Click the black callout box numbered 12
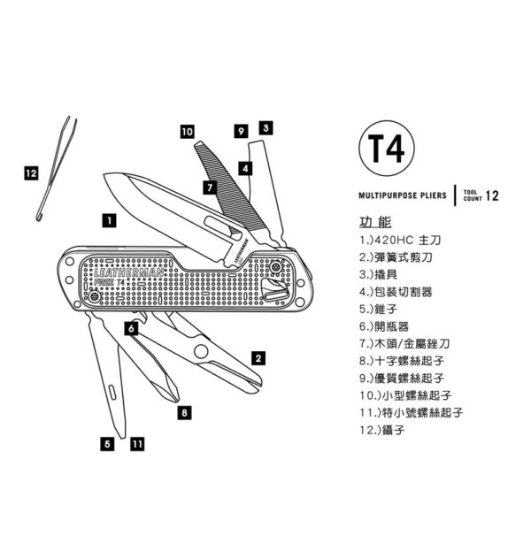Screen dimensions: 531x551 click(31, 173)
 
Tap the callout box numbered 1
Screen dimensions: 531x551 click(110, 221)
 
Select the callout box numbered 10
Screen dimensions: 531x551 click(188, 132)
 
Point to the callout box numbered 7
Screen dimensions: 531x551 click(210, 187)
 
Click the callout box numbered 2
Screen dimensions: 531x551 click(258, 358)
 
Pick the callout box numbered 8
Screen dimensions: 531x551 click(185, 412)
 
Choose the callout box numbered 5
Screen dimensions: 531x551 click(107, 444)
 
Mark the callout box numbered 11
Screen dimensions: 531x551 click(137, 444)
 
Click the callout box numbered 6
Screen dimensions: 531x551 click(132, 328)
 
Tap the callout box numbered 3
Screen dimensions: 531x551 click(265, 128)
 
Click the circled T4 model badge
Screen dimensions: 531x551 click(387, 149)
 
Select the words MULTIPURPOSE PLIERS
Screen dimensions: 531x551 click(403, 195)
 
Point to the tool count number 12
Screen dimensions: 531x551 click(492, 195)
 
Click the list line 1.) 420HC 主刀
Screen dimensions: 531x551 click(400, 241)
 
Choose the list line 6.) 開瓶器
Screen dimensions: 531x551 click(384, 326)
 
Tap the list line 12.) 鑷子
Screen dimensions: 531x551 click(382, 430)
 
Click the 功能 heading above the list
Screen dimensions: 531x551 click(375, 222)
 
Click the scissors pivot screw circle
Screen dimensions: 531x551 click(201, 351)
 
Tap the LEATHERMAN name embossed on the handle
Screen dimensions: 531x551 click(128, 272)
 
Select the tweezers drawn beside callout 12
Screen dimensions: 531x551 click(57, 169)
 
